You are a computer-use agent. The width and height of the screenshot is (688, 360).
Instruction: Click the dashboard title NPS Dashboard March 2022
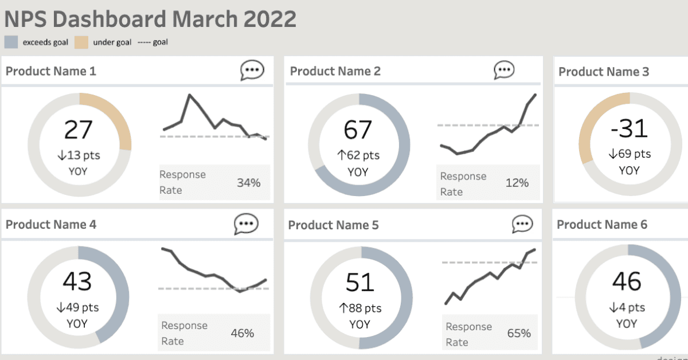(x=150, y=19)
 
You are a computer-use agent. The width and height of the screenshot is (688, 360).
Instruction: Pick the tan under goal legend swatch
(x=81, y=42)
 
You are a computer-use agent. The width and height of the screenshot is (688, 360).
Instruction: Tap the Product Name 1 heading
(x=51, y=72)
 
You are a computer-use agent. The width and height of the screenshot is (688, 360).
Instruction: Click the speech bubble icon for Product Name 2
(x=504, y=71)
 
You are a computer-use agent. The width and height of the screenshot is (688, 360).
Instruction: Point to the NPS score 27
(x=79, y=130)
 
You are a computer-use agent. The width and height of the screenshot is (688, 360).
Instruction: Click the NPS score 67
(x=358, y=130)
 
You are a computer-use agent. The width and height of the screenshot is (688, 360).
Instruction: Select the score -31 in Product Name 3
(x=629, y=128)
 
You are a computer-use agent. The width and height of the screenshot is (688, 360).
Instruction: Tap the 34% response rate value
(x=249, y=183)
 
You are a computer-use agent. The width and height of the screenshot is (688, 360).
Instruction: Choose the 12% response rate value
(x=517, y=183)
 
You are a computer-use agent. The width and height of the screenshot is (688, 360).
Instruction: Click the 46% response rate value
(x=243, y=333)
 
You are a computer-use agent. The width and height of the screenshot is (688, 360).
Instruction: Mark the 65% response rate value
(x=519, y=333)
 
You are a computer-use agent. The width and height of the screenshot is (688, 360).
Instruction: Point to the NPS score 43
(x=77, y=281)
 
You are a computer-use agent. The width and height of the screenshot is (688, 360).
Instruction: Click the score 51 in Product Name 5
(x=359, y=283)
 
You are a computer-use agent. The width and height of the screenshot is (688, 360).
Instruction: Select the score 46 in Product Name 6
(x=627, y=281)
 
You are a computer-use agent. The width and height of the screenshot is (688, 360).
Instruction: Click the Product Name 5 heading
(x=333, y=225)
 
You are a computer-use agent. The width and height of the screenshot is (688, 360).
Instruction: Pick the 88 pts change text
(x=360, y=308)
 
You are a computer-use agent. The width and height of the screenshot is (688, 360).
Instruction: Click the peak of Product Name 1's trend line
(x=189, y=96)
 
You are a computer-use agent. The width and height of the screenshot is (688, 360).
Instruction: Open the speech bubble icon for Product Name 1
(x=252, y=71)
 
